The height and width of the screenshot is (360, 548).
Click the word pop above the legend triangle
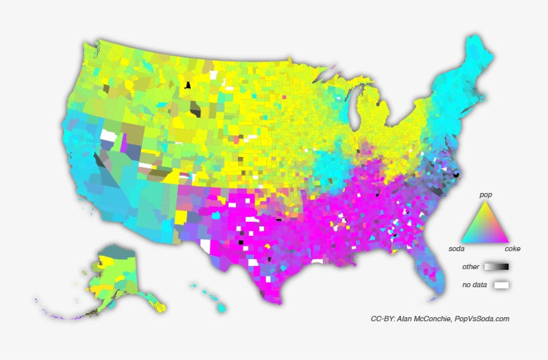click(486, 194)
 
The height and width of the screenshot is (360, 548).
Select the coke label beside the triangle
click(512, 248)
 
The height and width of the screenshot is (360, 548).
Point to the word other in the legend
click(470, 266)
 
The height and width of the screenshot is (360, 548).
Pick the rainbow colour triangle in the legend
click(487, 224)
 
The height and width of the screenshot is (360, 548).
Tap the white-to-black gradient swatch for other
click(497, 266)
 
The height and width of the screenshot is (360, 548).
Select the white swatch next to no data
click(501, 285)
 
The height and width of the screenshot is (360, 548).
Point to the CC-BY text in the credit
click(382, 319)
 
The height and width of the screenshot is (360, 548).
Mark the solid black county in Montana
click(188, 85)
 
